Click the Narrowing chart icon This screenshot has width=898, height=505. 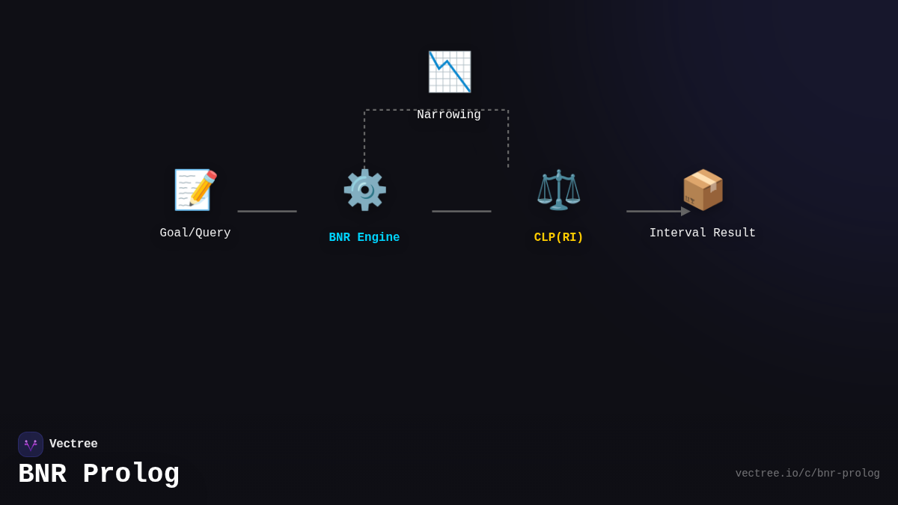click(x=449, y=72)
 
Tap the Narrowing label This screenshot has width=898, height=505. click(x=449, y=115)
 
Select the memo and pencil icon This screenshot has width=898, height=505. click(x=195, y=189)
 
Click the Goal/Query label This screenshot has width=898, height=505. click(x=195, y=233)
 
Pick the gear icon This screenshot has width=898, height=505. click(x=364, y=189)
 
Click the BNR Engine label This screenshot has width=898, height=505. click(x=364, y=238)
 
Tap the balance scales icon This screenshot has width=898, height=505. click(x=559, y=189)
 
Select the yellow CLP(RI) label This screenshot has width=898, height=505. click(x=559, y=238)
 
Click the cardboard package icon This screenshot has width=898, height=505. click(x=703, y=189)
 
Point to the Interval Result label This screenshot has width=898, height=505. click(x=703, y=233)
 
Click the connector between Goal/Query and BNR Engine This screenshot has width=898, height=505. click(x=267, y=211)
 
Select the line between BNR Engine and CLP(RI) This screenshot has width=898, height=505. click(x=462, y=211)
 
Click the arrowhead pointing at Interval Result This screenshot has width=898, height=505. click(x=685, y=211)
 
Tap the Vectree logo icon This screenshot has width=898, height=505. click(x=31, y=444)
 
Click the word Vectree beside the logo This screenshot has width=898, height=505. click(x=73, y=444)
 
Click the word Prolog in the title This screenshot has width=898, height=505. click(x=131, y=474)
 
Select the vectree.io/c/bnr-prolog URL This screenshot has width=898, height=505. click(x=807, y=474)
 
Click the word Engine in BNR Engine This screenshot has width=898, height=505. click(x=379, y=238)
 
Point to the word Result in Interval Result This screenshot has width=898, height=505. click(x=734, y=233)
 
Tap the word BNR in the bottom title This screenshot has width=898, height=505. click(x=42, y=474)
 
